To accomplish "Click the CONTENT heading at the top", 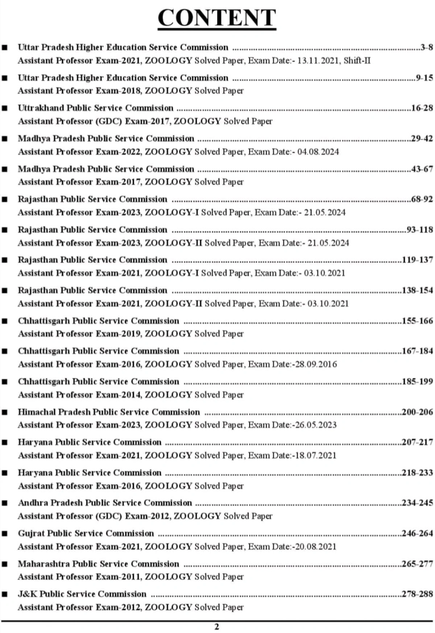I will (217, 18).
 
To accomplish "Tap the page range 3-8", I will (426, 47).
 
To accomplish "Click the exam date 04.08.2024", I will (318, 152).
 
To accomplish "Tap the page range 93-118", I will (419, 229).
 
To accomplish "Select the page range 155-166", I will (417, 321).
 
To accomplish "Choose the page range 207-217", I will (417, 442).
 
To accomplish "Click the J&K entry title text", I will (82, 594).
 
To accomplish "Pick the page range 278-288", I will (417, 594).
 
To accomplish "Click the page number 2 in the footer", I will (217, 627).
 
